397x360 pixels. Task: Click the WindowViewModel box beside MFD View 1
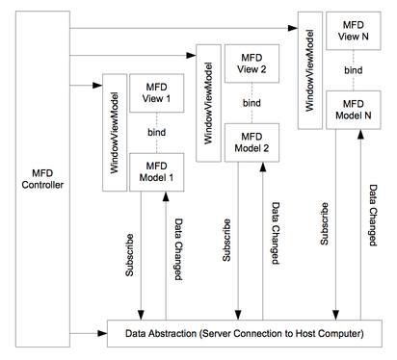114,134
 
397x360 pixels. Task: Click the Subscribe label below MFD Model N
326,222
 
